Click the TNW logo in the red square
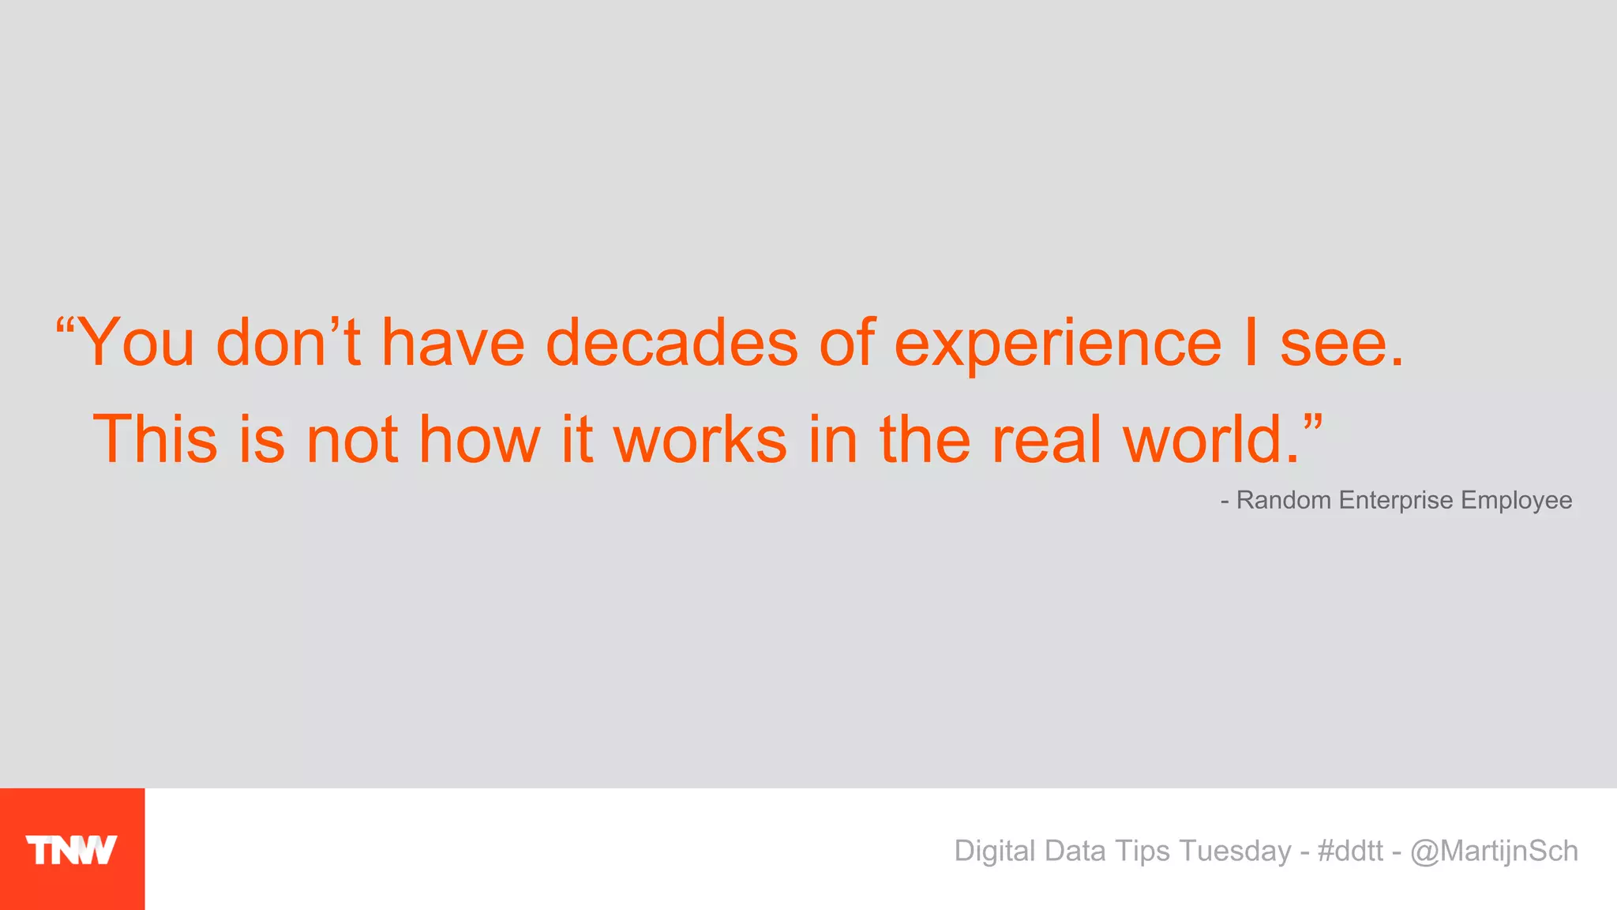pos(71,850)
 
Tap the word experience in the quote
pos(1057,344)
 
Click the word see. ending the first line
pos(1341,344)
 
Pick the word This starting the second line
pos(155,439)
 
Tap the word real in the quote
pos(1045,439)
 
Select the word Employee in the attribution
pos(1516,501)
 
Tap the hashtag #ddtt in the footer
pos(1350,851)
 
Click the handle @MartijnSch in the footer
pos(1494,851)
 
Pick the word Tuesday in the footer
pos(1235,852)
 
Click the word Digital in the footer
pos(994,852)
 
